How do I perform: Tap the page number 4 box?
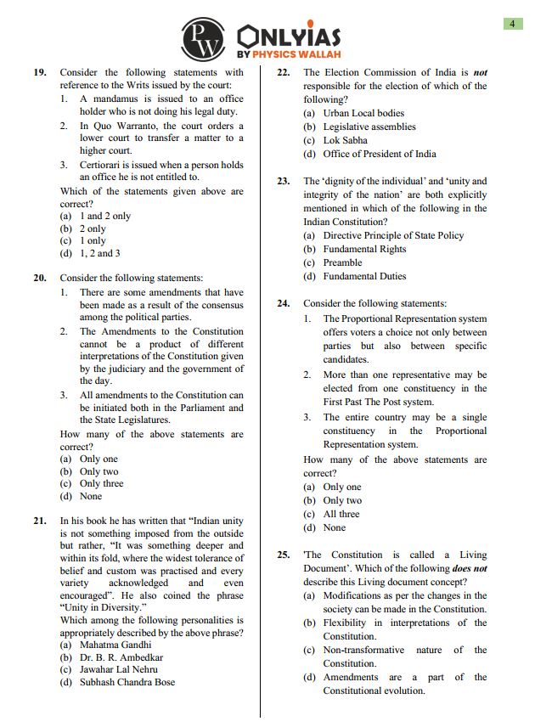(511, 24)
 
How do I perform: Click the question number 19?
(40, 73)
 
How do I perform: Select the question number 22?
(284, 73)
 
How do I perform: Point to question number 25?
(284, 555)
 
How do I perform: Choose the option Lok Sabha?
(345, 140)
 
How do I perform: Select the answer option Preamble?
(342, 262)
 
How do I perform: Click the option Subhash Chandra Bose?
(127, 682)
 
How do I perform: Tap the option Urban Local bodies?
(363, 113)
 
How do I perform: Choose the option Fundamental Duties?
(364, 276)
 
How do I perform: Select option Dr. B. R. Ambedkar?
(121, 657)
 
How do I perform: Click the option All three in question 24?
(341, 514)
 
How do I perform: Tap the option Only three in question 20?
(101, 483)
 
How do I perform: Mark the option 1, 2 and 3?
(99, 253)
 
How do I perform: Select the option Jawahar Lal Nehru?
(118, 669)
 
